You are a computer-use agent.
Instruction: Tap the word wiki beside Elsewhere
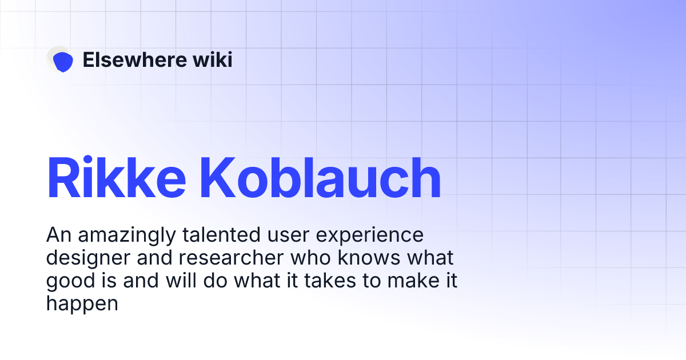point(213,59)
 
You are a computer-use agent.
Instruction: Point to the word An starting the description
point(57,235)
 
